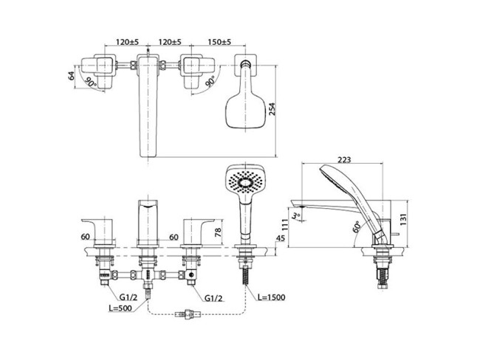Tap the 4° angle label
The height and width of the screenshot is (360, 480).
tap(295, 215)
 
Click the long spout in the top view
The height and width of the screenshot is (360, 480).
tap(149, 111)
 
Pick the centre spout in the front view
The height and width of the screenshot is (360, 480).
tap(147, 220)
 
